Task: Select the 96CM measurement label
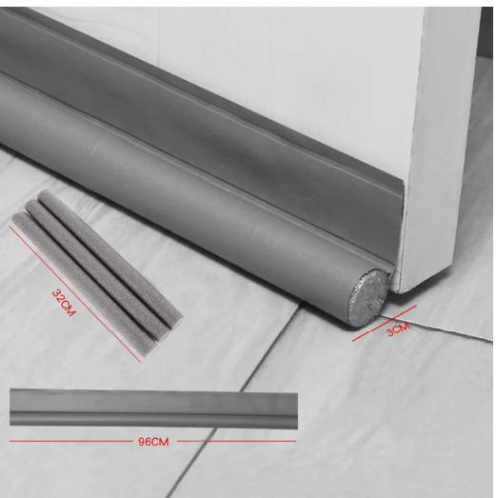[153, 441]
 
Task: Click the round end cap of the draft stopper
[368, 295]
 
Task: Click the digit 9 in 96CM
[141, 441]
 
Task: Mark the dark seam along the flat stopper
[152, 412]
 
